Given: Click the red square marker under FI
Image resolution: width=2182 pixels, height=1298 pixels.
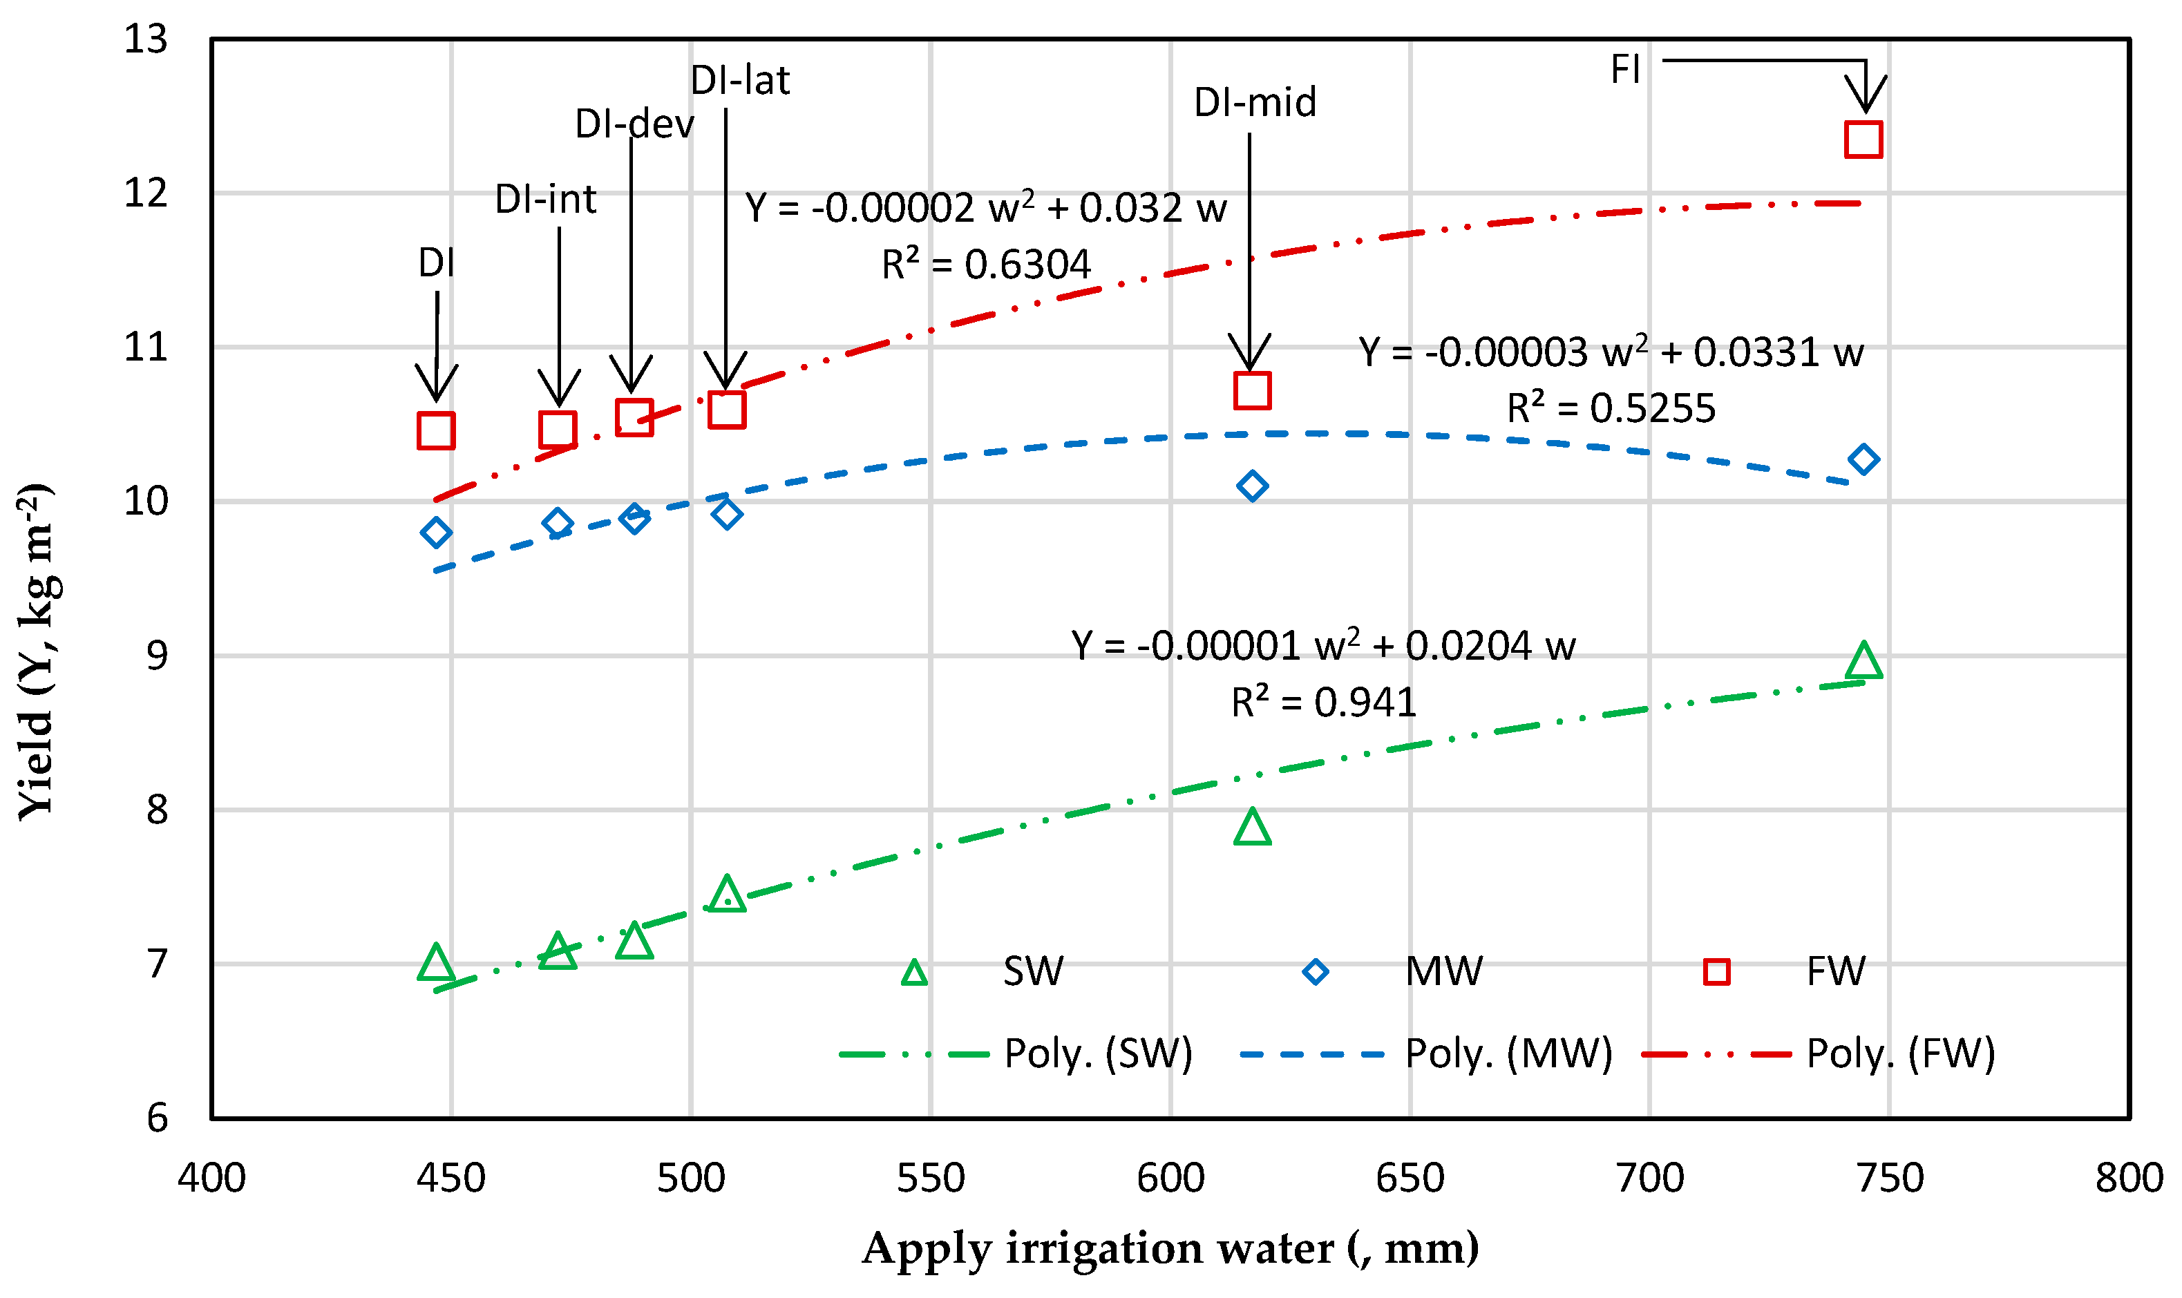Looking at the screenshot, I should point(1863,139).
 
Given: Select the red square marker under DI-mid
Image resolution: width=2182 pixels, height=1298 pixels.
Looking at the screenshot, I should point(1252,390).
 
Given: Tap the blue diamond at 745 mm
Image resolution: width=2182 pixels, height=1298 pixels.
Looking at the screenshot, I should point(1863,459).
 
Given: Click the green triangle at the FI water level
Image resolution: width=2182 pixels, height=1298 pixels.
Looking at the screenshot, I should point(1863,661).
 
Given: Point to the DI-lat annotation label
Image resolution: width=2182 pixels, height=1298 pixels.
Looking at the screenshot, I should point(739,80).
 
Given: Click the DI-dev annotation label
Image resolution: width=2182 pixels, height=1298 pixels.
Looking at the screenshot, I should point(634,124).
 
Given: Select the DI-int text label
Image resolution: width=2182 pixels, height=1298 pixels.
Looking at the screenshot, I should point(545,200).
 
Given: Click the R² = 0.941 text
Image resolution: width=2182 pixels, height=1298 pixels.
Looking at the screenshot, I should point(1323,703).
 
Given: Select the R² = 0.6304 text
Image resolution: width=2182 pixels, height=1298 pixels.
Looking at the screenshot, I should point(986,264).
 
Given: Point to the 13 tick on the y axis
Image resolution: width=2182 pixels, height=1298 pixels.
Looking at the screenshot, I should point(145,39).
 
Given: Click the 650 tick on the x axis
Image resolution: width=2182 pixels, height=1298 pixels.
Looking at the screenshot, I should point(1410,1178).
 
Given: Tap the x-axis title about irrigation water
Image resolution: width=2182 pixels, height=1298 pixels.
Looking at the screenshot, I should point(1170,1248).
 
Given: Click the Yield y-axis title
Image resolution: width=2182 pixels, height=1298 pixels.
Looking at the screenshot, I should point(37,651).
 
